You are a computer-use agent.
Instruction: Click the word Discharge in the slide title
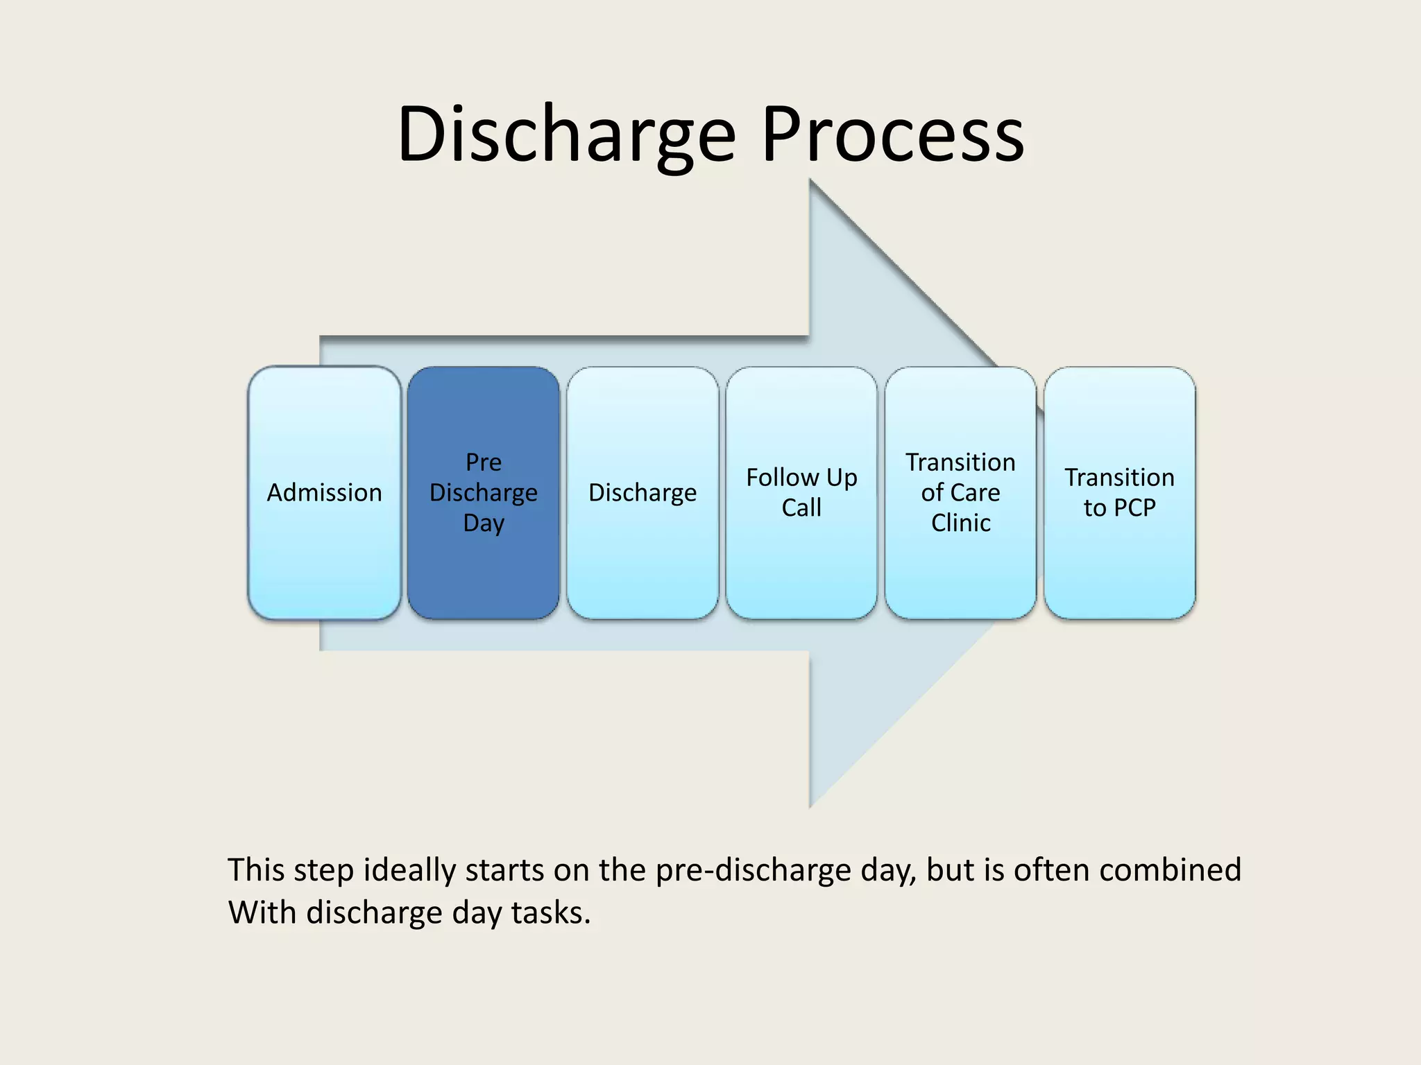pyautogui.click(x=565, y=135)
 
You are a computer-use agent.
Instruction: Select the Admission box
pyautogui.click(x=324, y=493)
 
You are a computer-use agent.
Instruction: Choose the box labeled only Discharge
pyautogui.click(x=643, y=493)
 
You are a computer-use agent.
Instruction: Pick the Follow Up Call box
pyautogui.click(x=801, y=493)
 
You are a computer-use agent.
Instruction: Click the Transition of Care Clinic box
pyautogui.click(x=960, y=493)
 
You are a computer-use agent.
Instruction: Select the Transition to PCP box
pyautogui.click(x=1119, y=493)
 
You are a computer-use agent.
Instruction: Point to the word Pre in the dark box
pyautogui.click(x=484, y=462)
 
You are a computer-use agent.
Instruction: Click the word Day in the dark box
pyautogui.click(x=484, y=523)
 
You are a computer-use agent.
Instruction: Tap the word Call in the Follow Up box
pyautogui.click(x=801, y=508)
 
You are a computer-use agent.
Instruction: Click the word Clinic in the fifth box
pyautogui.click(x=960, y=523)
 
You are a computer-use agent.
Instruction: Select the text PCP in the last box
pyautogui.click(x=1134, y=508)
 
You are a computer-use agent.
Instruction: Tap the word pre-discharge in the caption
pyautogui.click(x=753, y=870)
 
